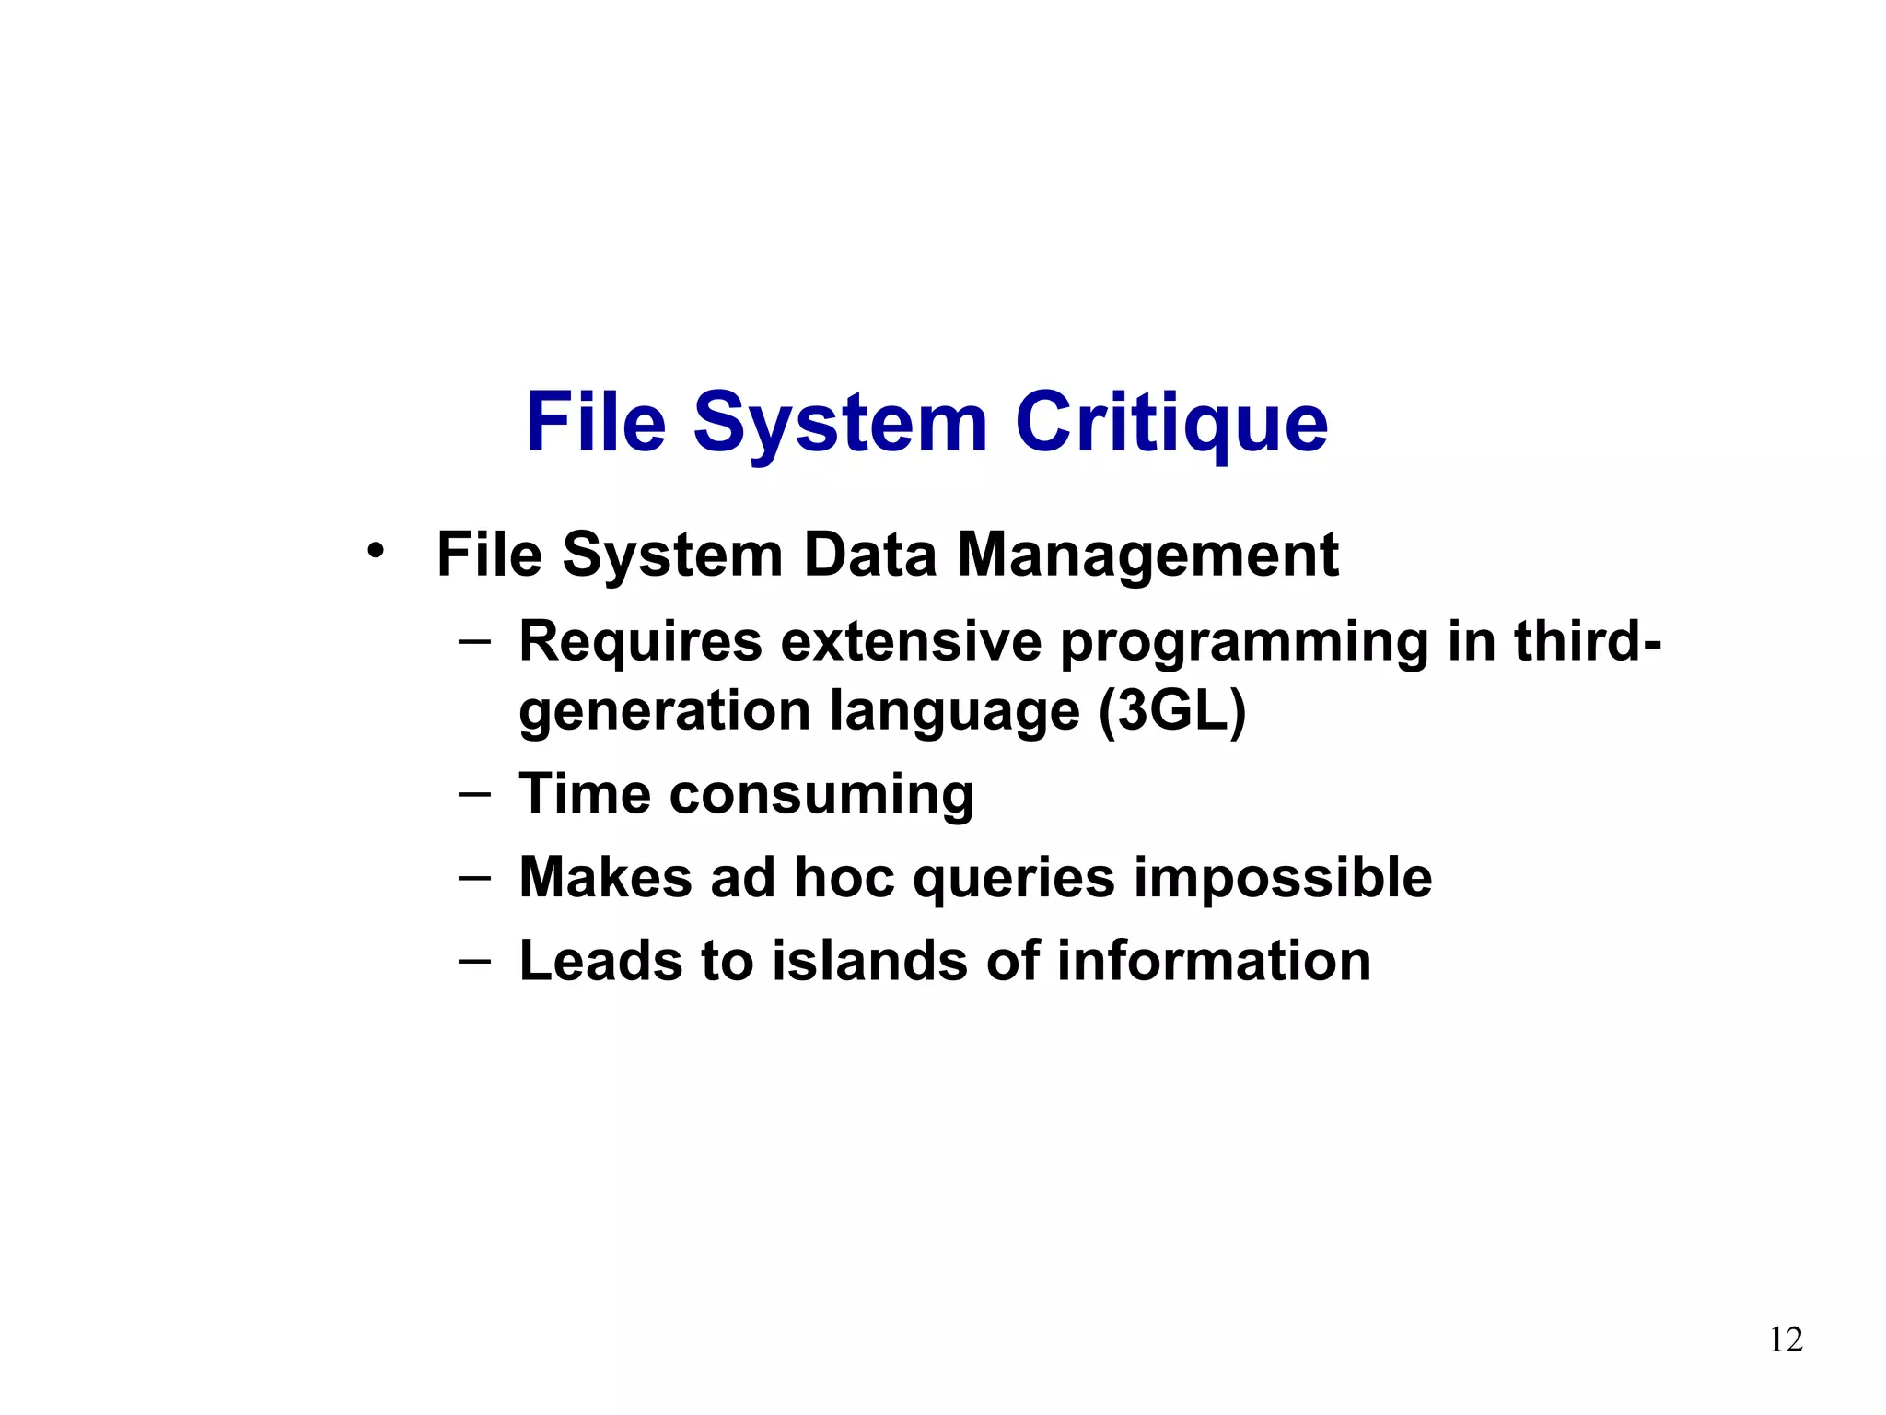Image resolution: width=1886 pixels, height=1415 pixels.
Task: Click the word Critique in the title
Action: [1171, 424]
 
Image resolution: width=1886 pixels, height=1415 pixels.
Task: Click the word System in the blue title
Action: [840, 424]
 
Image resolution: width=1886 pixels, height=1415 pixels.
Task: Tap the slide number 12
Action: [1786, 1339]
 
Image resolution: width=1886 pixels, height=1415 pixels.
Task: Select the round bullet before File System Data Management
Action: [374, 551]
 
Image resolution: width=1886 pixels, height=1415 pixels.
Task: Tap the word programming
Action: [1244, 643]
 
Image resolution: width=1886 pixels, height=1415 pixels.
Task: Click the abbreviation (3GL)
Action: [1172, 712]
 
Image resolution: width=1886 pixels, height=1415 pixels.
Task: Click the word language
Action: [954, 712]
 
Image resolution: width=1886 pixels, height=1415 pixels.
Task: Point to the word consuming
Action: [821, 795]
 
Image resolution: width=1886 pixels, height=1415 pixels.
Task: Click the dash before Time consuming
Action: [474, 792]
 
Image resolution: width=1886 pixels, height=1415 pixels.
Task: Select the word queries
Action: [1014, 878]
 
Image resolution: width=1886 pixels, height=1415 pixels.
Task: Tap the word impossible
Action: [1282, 878]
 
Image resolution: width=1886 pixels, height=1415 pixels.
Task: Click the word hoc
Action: [844, 877]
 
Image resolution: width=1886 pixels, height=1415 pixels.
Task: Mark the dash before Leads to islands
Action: [474, 960]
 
